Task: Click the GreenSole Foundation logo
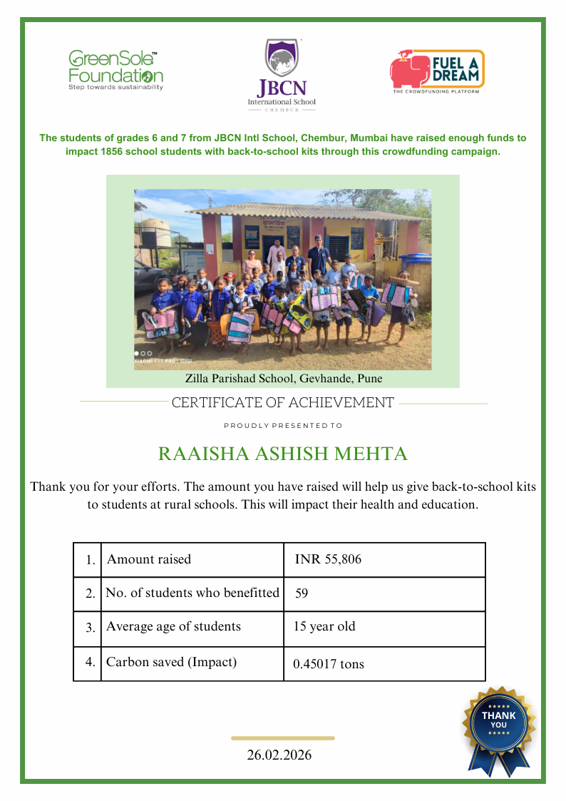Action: click(115, 70)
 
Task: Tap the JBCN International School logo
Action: click(282, 75)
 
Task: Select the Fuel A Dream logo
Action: click(436, 71)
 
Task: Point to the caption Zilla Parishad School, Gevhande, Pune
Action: click(283, 378)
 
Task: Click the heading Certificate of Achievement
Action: click(283, 403)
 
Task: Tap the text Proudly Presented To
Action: click(283, 425)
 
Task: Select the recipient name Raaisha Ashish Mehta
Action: click(283, 454)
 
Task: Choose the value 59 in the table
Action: click(301, 593)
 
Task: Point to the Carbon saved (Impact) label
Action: click(171, 662)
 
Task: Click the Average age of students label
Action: click(173, 627)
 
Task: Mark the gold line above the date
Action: click(283, 738)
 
